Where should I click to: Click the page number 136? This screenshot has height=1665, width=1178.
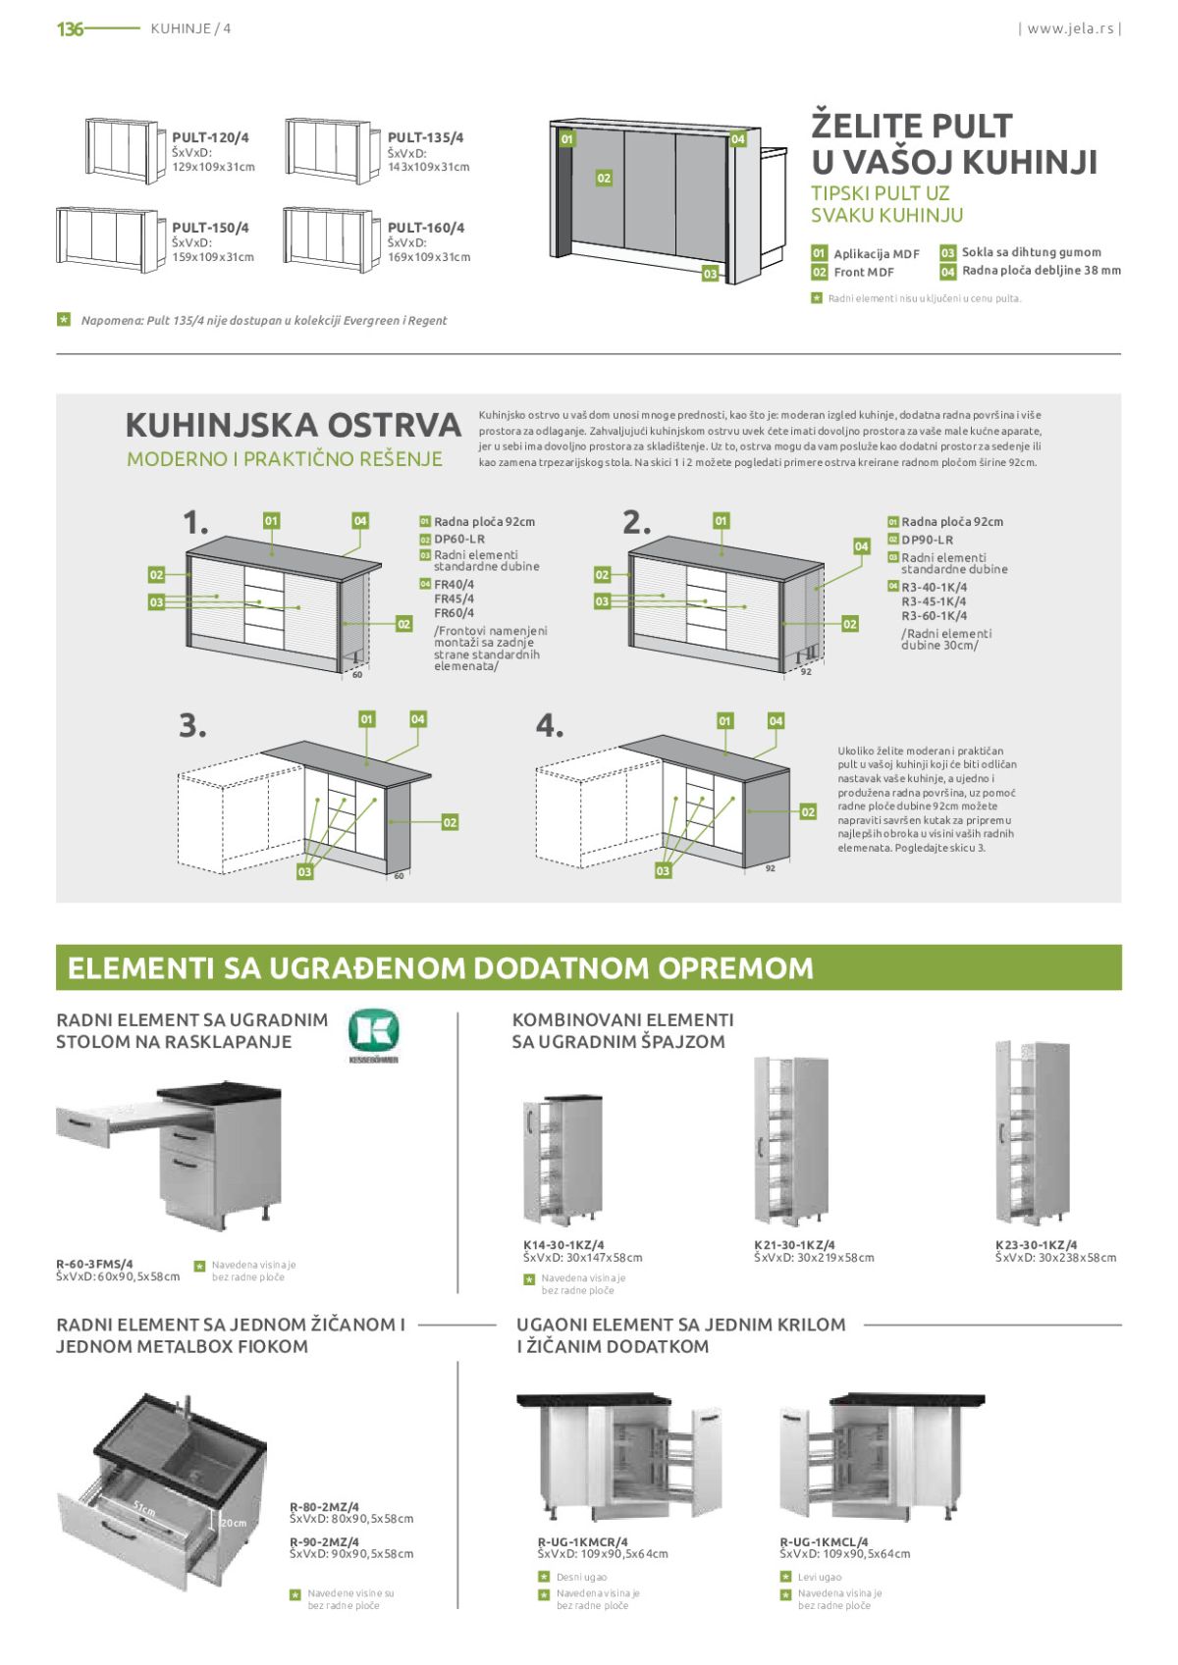(70, 29)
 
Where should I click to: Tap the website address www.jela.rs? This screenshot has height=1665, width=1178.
(1070, 28)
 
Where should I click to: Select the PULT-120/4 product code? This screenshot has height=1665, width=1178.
(210, 137)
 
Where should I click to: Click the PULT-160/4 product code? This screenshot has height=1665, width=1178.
(426, 228)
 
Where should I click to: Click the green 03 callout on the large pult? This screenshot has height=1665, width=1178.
(710, 274)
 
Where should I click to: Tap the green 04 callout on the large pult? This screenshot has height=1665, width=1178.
(737, 139)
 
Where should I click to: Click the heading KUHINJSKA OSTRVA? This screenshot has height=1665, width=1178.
(293, 425)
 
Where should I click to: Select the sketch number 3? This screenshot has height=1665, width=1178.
(192, 725)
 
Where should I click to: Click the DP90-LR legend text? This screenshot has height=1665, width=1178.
(927, 540)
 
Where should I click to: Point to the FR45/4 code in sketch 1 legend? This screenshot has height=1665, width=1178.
(454, 598)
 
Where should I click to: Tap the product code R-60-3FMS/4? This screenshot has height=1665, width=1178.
(94, 1264)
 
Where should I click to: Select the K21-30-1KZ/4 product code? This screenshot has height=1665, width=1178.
(794, 1244)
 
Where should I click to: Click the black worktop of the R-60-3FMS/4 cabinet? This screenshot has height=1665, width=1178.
(219, 1092)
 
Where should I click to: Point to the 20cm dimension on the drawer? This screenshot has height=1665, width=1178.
(233, 1523)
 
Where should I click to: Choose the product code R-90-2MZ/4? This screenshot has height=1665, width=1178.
(324, 1541)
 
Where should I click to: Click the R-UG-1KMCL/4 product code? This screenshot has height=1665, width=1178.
(824, 1541)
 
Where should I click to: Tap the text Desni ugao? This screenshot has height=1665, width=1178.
(581, 1577)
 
